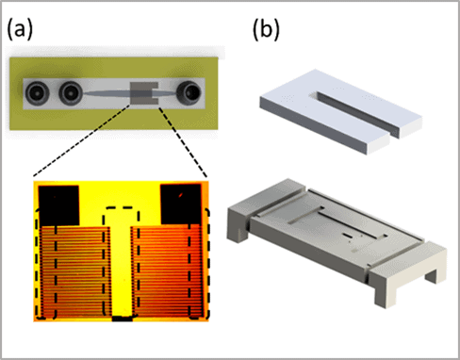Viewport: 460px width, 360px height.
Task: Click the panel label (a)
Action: point(20,30)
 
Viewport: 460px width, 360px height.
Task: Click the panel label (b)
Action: point(266,30)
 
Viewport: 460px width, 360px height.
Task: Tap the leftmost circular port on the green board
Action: point(38,93)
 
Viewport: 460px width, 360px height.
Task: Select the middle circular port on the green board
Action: point(70,93)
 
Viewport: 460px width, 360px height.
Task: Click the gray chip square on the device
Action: point(144,93)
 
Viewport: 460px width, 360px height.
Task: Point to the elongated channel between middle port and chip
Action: point(107,93)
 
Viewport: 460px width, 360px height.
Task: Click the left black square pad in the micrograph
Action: point(58,205)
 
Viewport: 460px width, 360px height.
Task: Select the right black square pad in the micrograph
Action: point(180,205)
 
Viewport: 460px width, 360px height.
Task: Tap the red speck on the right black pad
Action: point(181,196)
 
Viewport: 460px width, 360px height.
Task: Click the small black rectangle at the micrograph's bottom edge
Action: point(123,319)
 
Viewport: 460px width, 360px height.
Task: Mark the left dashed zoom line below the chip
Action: point(82,140)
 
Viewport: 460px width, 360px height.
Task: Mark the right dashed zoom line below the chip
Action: point(183,142)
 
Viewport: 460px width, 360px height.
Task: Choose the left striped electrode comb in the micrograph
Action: point(74,271)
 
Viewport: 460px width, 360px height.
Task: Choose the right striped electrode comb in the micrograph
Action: point(167,270)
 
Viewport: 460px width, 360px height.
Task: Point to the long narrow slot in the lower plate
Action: point(352,224)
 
